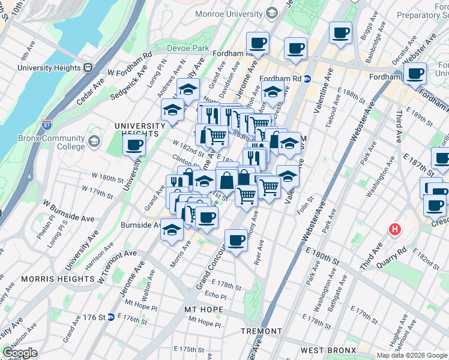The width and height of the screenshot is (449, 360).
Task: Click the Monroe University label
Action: (x=231, y=13)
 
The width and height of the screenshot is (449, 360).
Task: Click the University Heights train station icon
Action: (x=88, y=68)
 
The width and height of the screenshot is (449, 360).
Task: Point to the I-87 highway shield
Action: (x=47, y=125)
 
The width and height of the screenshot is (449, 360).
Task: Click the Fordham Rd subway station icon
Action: (x=307, y=79)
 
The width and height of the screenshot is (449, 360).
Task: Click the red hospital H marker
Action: (x=394, y=229)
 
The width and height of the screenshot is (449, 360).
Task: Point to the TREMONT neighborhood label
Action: (x=261, y=331)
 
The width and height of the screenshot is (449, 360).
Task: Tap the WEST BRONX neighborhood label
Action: (x=329, y=350)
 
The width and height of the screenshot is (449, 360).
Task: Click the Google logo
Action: (x=20, y=353)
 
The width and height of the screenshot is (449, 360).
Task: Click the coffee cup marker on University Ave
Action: (x=134, y=145)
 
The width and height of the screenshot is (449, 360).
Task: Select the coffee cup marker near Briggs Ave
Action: (x=340, y=32)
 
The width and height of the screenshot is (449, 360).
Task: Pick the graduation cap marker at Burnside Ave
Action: (x=172, y=230)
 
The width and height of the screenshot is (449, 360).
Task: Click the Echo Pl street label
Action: (x=215, y=296)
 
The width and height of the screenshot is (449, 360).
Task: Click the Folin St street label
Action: (x=305, y=204)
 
